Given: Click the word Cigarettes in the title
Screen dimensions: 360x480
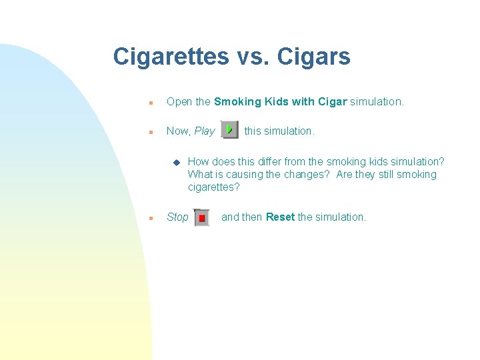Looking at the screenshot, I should pyautogui.click(x=171, y=57).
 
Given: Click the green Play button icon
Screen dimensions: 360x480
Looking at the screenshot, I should pyautogui.click(x=229, y=130).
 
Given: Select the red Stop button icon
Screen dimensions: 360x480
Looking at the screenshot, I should pyautogui.click(x=201, y=218).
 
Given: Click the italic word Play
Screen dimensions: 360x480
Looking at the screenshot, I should pyautogui.click(x=205, y=131).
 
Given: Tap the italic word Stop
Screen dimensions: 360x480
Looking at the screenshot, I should pyautogui.click(x=177, y=217).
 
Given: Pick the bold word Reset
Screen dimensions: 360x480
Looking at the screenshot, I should pyautogui.click(x=280, y=217).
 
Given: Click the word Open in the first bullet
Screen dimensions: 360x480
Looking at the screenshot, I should pyautogui.click(x=179, y=102).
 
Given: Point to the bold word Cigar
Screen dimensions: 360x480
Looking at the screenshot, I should pyautogui.click(x=332, y=102).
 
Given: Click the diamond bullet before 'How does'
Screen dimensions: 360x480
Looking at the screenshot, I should pyautogui.click(x=176, y=162).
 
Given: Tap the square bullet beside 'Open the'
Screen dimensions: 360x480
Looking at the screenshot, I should pyautogui.click(x=151, y=103).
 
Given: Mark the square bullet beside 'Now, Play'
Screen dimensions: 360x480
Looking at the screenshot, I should pyautogui.click(x=151, y=132).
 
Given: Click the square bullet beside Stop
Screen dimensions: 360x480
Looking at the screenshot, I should pyautogui.click(x=151, y=218).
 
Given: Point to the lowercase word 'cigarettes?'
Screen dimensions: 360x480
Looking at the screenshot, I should pyautogui.click(x=213, y=187).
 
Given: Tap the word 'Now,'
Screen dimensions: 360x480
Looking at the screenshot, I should pyautogui.click(x=179, y=131).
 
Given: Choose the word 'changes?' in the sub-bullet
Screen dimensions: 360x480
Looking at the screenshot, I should pyautogui.click(x=309, y=175).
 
